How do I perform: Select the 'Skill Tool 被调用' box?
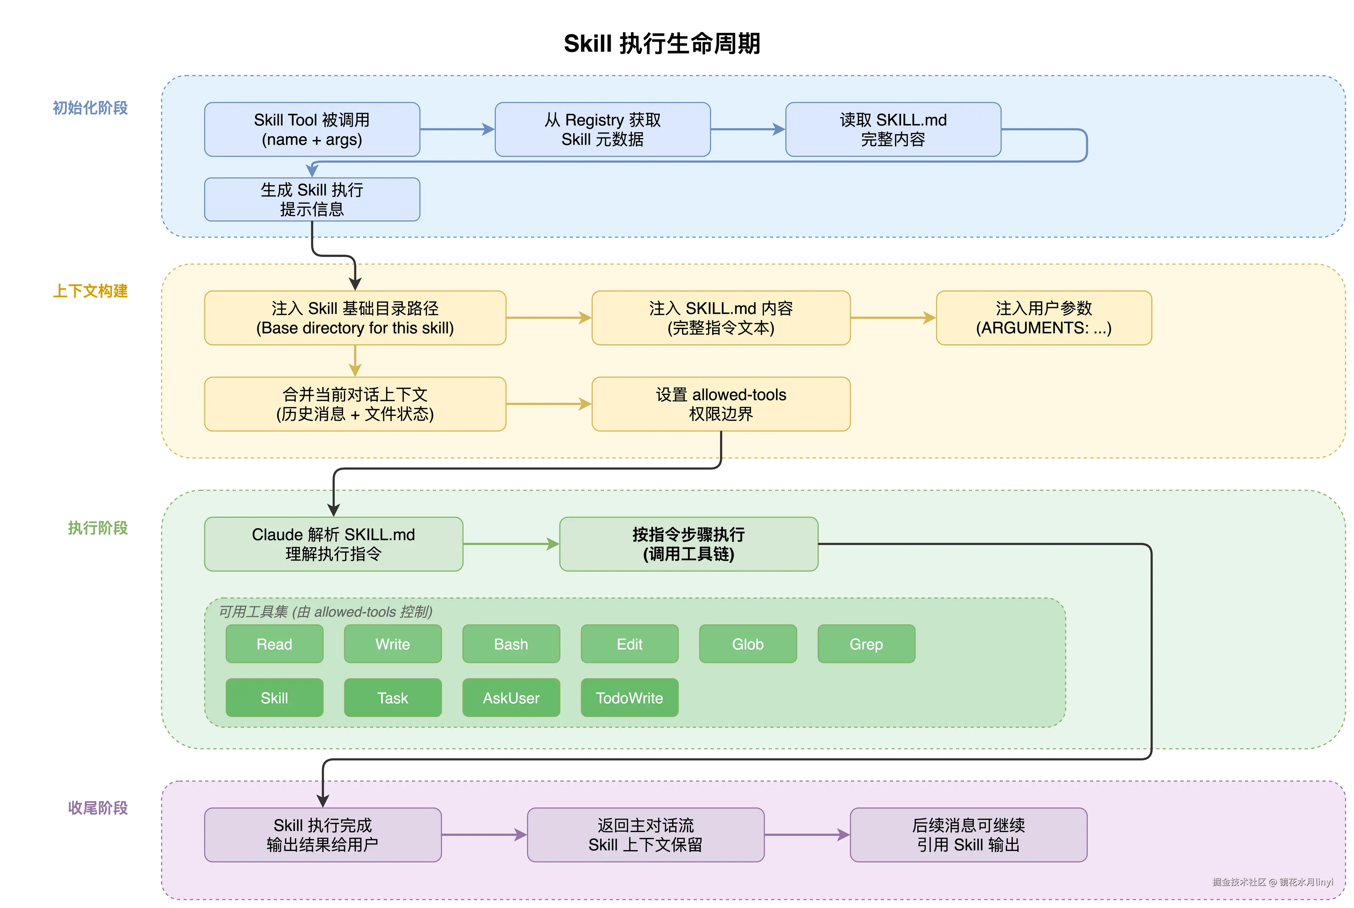(x=312, y=129)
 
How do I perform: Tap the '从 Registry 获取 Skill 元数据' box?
(x=602, y=129)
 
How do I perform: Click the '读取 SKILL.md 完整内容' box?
(x=893, y=129)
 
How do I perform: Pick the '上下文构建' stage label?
(x=90, y=291)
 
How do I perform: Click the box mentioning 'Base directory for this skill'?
(x=355, y=318)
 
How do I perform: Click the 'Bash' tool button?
(x=511, y=644)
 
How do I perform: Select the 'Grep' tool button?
(x=866, y=644)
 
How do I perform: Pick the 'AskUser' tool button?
(x=511, y=698)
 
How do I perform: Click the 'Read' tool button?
(x=274, y=644)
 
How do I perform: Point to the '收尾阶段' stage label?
(x=98, y=808)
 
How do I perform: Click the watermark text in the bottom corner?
(x=1273, y=882)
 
